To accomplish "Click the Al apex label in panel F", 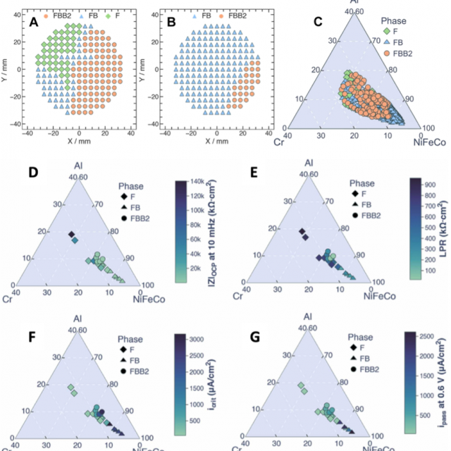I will pyautogui.click(x=78, y=319).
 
